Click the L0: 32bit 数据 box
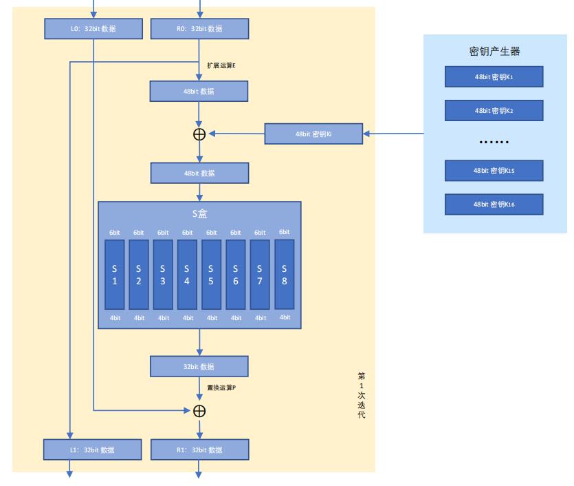93,29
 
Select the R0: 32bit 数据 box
199,29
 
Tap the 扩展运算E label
221,66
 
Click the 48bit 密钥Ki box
313,134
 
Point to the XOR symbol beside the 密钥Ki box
199,134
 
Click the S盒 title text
199,213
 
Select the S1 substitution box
115,274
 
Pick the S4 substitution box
187,274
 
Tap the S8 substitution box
284,274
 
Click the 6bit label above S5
212,232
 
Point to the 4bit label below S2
140,318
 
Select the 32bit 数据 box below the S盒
199,367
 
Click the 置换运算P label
221,388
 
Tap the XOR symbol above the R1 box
199,411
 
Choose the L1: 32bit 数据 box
93,450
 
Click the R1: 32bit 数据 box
199,450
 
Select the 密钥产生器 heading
494,52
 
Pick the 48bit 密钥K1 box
494,77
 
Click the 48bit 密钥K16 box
494,204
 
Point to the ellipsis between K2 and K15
494,142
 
